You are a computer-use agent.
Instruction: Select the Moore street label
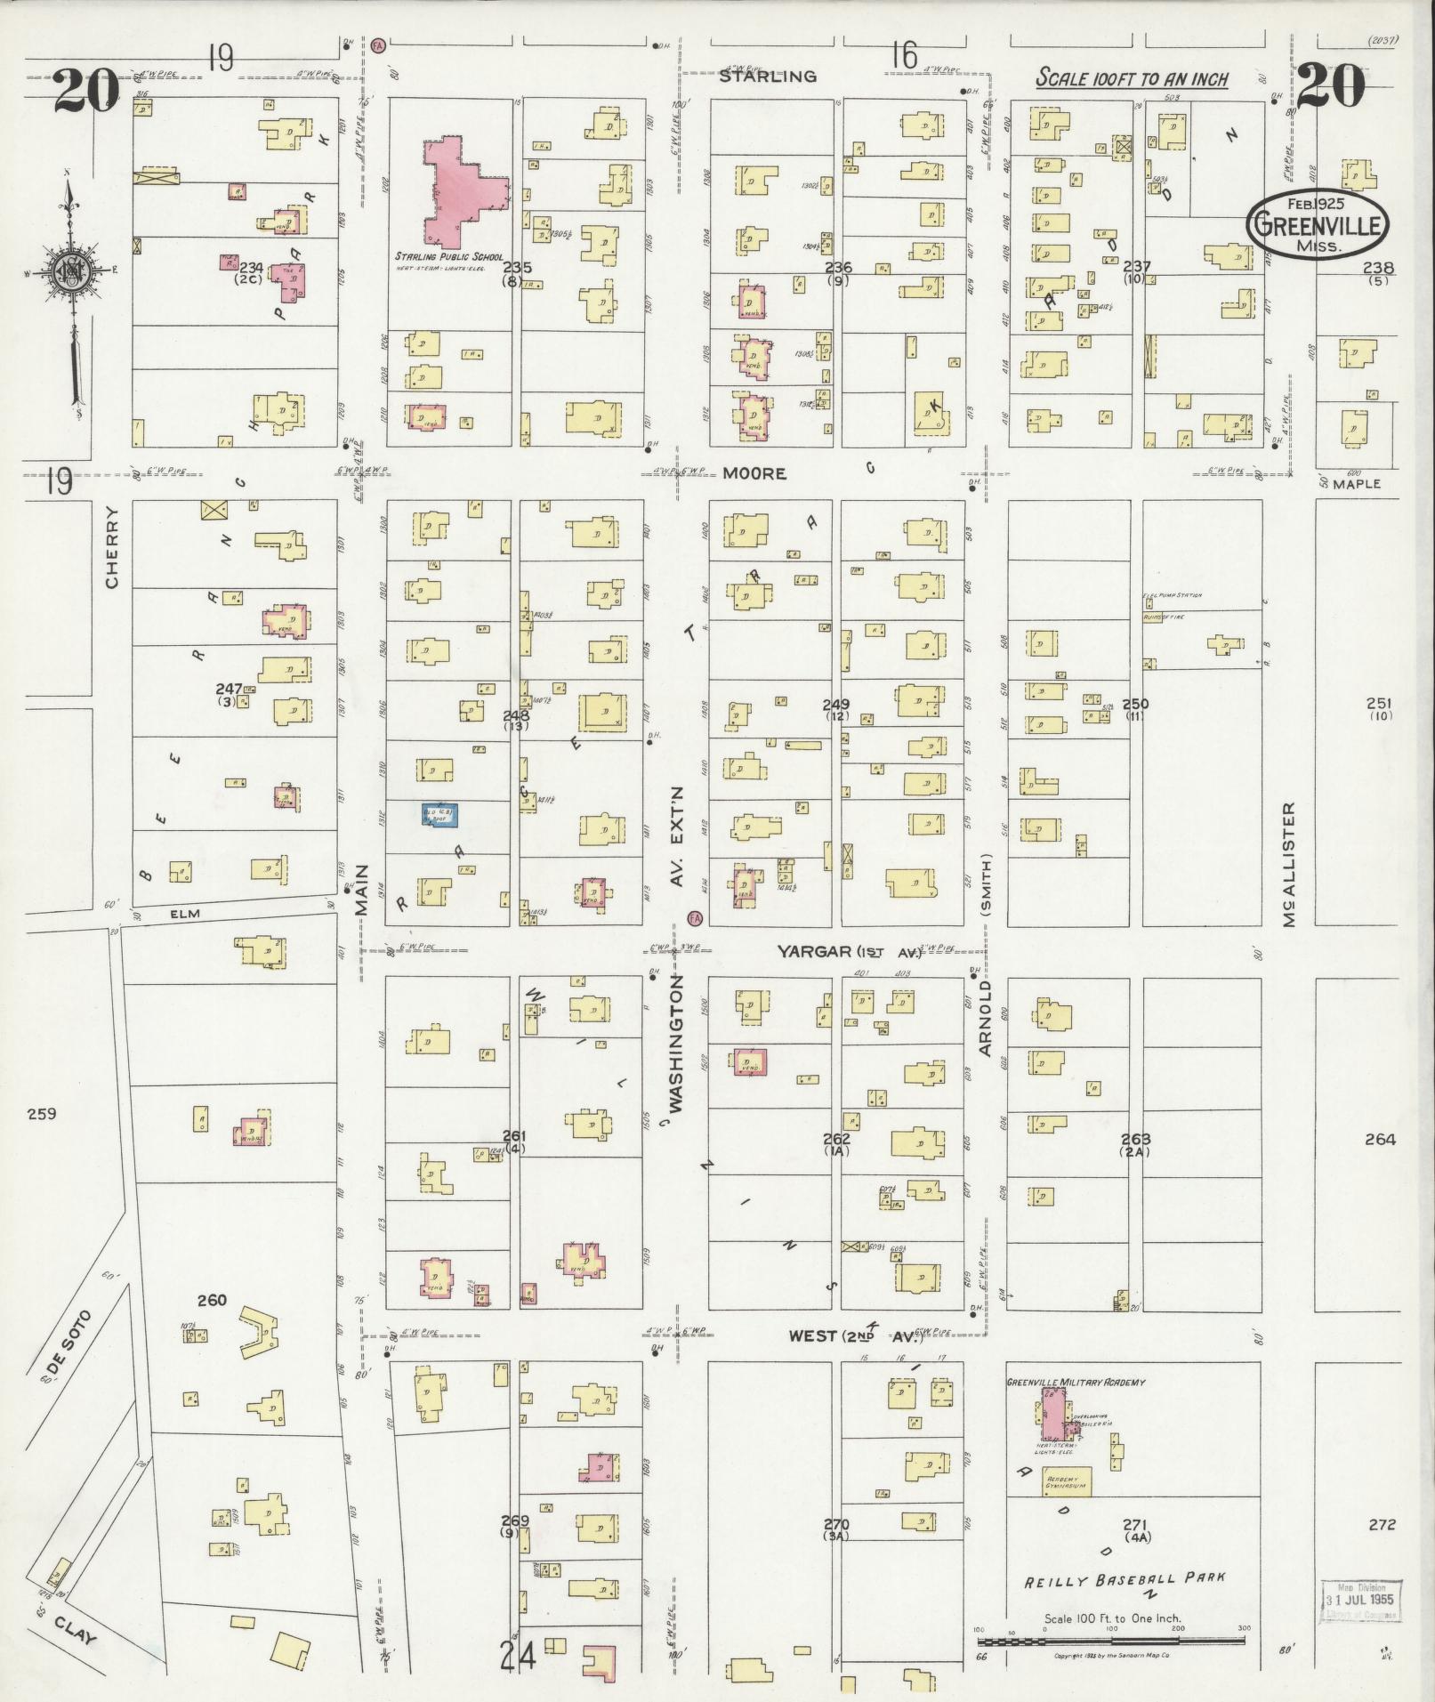pyautogui.click(x=754, y=473)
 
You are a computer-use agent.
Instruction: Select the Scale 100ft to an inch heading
pyautogui.click(x=1132, y=78)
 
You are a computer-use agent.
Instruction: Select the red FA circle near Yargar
pyautogui.click(x=695, y=917)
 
